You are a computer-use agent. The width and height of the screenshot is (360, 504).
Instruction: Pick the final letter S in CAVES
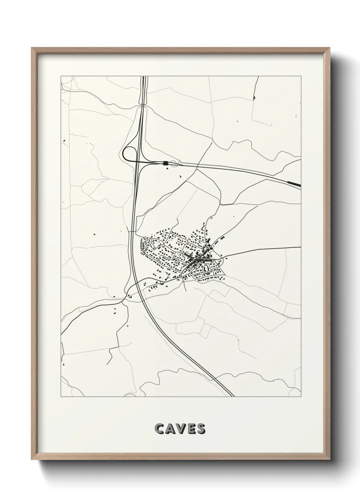click(x=201, y=429)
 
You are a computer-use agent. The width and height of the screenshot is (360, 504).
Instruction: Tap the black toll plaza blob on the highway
click(x=165, y=163)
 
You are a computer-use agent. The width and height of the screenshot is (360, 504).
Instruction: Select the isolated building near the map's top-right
click(x=254, y=98)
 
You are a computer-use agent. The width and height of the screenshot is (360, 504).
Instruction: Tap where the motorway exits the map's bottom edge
click(x=232, y=396)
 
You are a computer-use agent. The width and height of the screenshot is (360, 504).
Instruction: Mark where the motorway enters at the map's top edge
click(x=145, y=77)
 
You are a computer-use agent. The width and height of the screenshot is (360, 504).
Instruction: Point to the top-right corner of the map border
click(x=301, y=76)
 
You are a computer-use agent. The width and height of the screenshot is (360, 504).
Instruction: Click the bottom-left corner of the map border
click(x=61, y=397)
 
